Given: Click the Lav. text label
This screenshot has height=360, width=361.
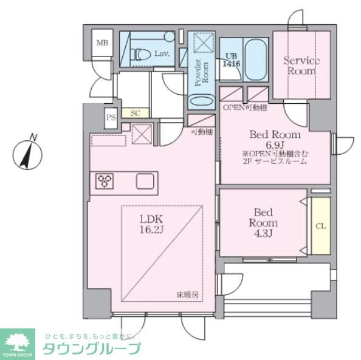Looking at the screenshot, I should tap(162, 54).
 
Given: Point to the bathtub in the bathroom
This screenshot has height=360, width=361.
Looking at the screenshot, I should tap(256, 59).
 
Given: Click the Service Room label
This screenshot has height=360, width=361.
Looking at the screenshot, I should tap(301, 66).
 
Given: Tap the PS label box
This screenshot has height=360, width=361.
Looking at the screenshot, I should tap(111, 118).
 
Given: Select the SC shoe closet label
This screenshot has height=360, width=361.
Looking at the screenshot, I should tap(136, 113).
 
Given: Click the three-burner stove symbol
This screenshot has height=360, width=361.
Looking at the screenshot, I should tap(105, 180).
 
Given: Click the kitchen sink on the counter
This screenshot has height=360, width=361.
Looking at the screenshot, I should tap(146, 181).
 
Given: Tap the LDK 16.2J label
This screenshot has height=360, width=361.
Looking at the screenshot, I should tap(153, 224).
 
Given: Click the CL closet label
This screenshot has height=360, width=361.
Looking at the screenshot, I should tap(320, 226).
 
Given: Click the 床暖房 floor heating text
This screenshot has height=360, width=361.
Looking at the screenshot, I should tap(188, 294).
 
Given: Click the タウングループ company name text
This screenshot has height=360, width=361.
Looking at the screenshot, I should tap(91, 348).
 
